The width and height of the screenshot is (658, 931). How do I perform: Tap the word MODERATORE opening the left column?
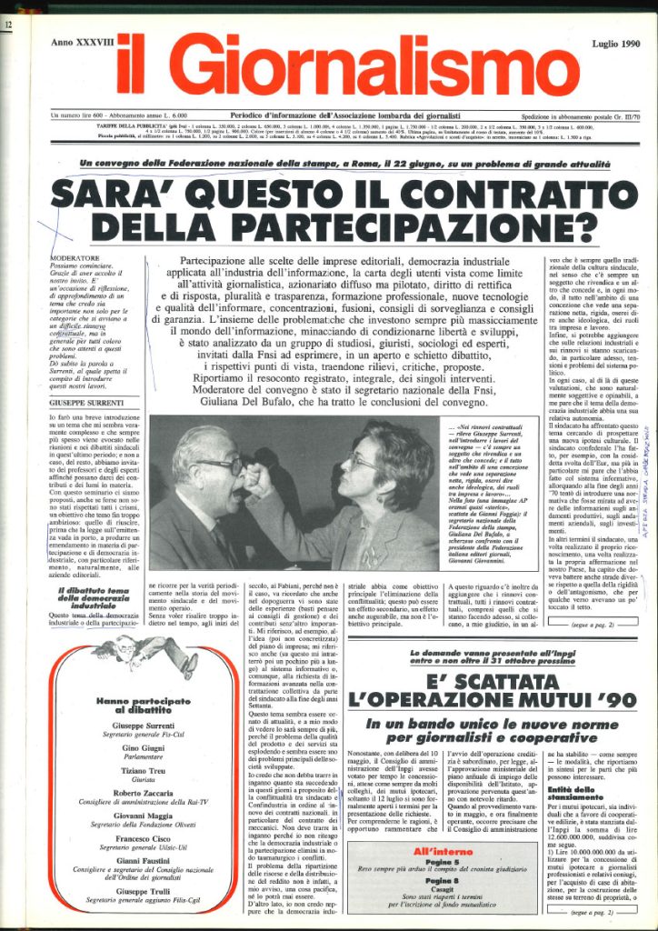75,257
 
